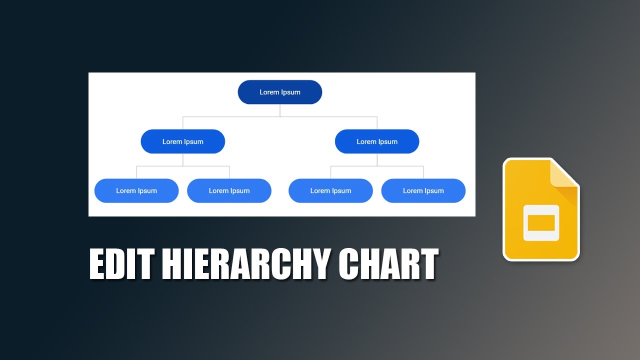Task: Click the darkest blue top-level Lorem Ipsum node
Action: (x=279, y=92)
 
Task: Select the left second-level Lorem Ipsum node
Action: (x=183, y=141)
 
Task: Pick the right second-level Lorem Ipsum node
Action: (x=377, y=141)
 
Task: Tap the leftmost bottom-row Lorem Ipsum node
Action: (x=136, y=190)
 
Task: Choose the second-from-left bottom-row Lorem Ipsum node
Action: (x=229, y=190)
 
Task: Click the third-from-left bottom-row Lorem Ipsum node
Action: (x=330, y=190)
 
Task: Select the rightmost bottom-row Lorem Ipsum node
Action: (x=423, y=190)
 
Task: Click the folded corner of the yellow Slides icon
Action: (x=563, y=175)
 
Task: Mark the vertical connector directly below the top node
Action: (x=280, y=110)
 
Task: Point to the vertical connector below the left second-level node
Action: (x=183, y=159)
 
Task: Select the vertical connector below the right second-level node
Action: (x=377, y=159)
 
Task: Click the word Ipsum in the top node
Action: (x=290, y=92)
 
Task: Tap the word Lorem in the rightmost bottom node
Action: (x=413, y=190)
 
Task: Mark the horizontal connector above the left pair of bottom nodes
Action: (x=160, y=166)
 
